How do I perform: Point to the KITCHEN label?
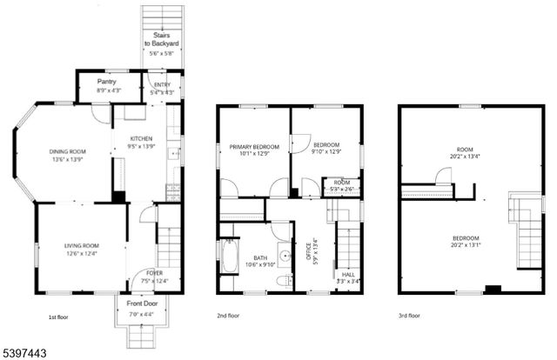[x=141, y=139]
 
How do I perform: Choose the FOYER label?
[x=142, y=272]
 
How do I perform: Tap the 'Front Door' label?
[x=140, y=304]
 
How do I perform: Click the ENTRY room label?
[x=162, y=84]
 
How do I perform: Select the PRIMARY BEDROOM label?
[x=254, y=147]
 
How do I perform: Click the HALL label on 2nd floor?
[x=348, y=274]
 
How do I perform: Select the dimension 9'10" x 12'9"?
[x=325, y=153]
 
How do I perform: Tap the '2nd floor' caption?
[x=229, y=316]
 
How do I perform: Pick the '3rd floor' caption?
[x=410, y=316]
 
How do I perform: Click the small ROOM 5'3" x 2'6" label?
[x=339, y=185]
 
